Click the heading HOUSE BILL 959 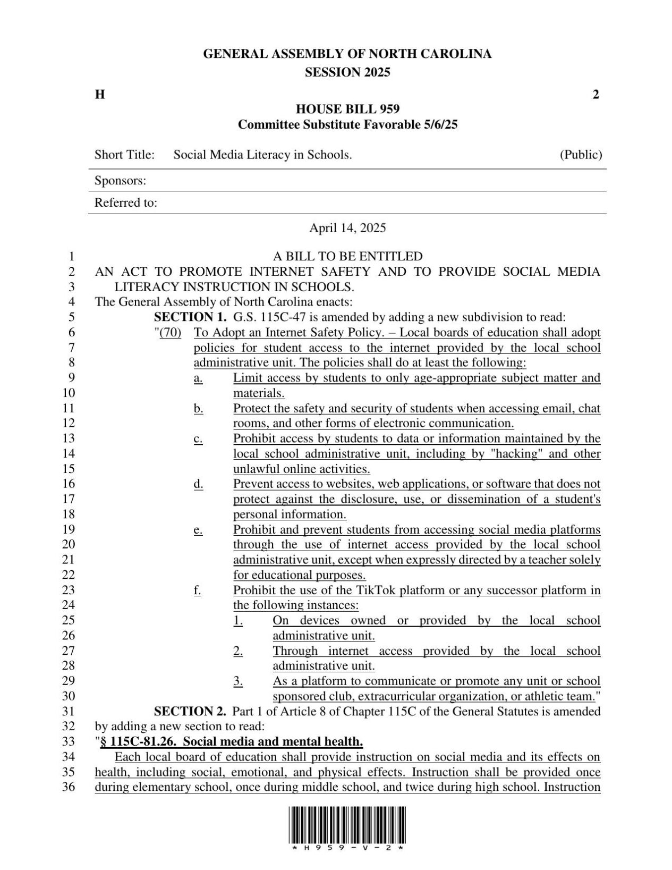point(347,109)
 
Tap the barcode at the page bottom point(347,828)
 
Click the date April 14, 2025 point(347,228)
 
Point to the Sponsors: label point(120,181)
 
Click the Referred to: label point(125,202)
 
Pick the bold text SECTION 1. point(190,317)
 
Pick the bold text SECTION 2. point(190,711)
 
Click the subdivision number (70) point(171,333)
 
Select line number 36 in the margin point(69,787)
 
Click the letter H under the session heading point(99,95)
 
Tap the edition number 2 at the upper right point(596,95)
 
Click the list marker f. point(198,590)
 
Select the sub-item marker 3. point(238,681)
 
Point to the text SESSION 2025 point(347,72)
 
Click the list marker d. point(198,484)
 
